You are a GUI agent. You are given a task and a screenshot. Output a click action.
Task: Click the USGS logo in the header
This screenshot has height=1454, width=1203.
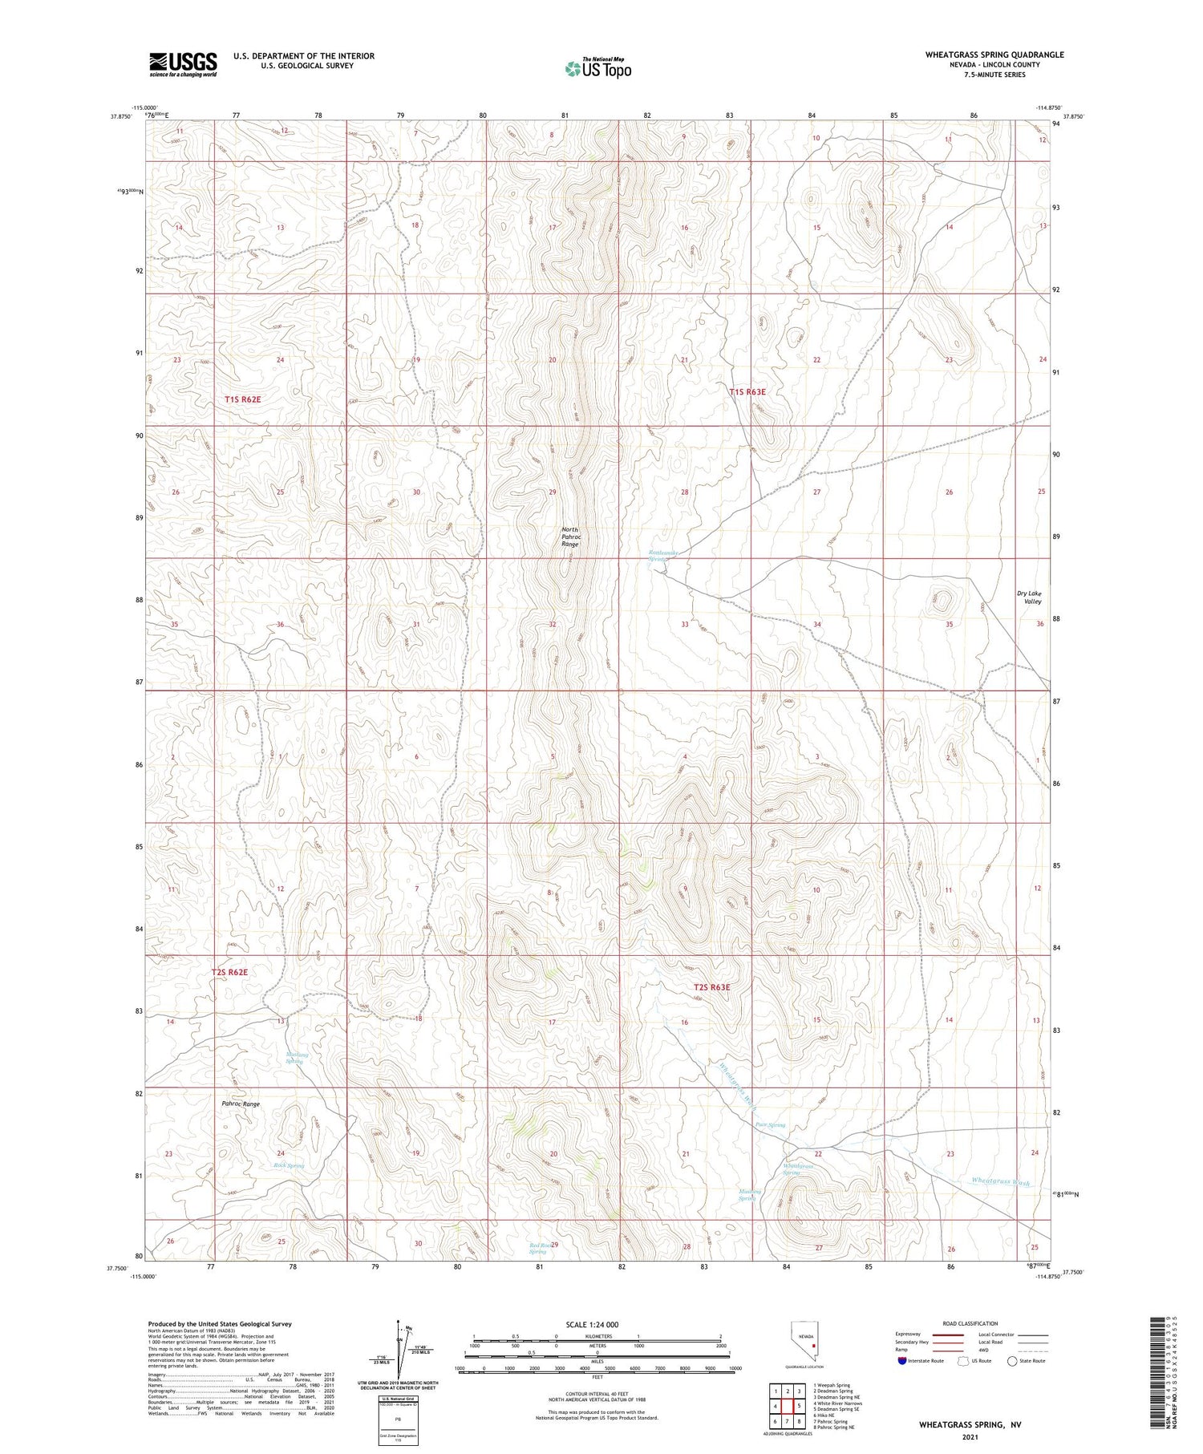click(183, 65)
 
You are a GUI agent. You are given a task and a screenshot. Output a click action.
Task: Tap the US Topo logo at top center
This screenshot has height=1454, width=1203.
click(597, 68)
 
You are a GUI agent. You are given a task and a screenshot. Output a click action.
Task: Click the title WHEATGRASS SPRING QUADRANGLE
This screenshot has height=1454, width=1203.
click(994, 55)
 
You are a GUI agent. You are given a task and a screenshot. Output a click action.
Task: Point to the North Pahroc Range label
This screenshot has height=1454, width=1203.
click(569, 537)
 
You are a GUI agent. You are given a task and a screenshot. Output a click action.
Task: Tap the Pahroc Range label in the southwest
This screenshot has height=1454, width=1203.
click(241, 1104)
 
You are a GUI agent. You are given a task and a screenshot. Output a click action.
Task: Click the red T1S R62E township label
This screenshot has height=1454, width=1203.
click(242, 399)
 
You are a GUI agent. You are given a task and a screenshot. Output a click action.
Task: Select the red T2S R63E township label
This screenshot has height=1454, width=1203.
click(711, 987)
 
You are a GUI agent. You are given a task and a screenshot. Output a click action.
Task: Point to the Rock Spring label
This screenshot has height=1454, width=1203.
click(289, 1165)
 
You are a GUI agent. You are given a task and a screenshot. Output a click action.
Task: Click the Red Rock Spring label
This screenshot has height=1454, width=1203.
click(538, 1248)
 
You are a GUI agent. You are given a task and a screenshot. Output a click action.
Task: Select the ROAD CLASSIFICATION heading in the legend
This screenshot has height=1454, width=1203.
click(970, 1323)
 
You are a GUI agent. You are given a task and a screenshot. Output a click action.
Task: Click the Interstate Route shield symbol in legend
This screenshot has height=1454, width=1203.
click(902, 1360)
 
